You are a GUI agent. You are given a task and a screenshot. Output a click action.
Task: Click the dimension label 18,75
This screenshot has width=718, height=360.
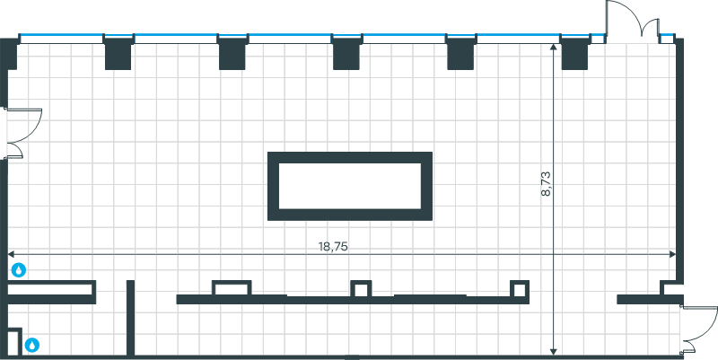click(333, 246)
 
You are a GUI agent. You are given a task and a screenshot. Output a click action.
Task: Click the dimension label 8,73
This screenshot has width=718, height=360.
click(546, 184)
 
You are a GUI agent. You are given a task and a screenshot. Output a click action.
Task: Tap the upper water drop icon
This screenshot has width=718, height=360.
click(18, 270)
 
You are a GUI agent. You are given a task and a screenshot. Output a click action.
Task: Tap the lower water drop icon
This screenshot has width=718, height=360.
click(32, 345)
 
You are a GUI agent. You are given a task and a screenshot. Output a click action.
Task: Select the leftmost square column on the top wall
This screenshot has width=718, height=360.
click(118, 53)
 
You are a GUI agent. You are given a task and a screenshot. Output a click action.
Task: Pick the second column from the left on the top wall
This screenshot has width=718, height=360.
click(232, 53)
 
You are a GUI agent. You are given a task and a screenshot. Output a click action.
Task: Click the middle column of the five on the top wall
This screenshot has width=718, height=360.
click(346, 53)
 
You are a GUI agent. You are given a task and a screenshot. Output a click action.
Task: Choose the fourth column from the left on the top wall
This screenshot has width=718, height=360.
click(460, 53)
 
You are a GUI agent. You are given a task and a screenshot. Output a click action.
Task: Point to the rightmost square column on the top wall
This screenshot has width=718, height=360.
click(574, 53)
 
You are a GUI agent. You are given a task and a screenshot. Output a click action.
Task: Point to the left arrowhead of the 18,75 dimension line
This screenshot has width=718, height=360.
click(11, 254)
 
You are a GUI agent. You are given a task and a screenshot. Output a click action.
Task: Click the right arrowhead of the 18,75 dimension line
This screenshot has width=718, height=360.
click(672, 254)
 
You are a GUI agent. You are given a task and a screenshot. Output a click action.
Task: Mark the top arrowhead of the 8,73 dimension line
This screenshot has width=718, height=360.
click(553, 47)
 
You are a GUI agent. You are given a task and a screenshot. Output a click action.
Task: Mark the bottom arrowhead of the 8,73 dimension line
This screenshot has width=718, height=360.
click(553, 352)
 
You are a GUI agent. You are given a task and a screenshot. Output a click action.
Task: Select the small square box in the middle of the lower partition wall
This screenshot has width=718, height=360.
click(361, 289)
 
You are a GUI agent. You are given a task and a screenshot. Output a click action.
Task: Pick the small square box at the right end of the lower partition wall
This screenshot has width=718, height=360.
click(520, 289)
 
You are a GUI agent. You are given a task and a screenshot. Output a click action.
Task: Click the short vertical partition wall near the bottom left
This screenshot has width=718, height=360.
click(130, 319)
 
